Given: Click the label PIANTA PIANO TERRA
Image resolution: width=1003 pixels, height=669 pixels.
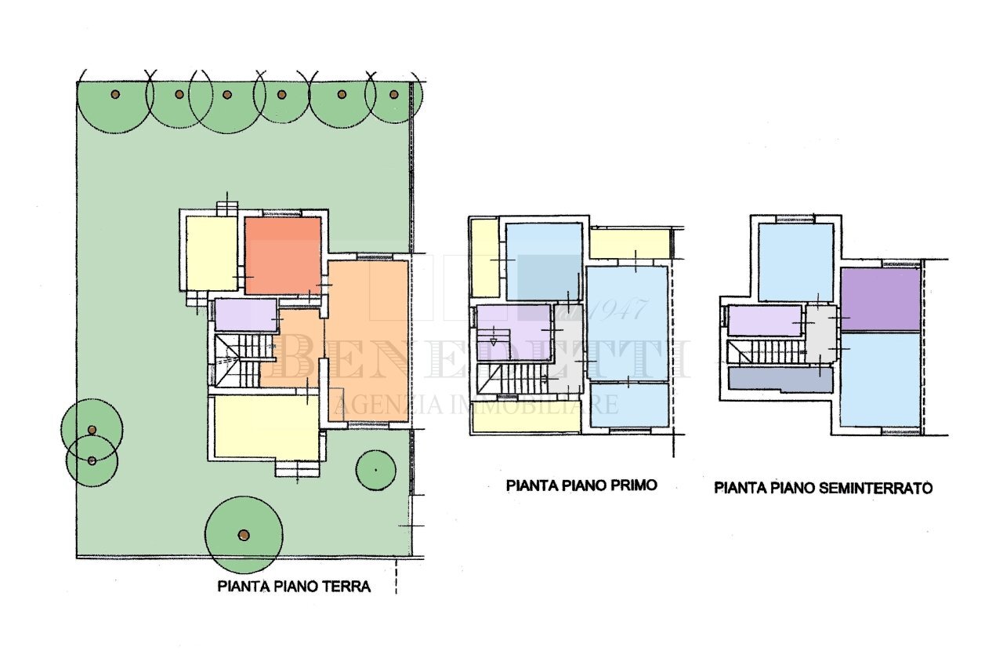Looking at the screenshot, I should coord(294,586).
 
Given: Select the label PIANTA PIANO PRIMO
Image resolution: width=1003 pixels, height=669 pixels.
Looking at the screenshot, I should coord(581,485).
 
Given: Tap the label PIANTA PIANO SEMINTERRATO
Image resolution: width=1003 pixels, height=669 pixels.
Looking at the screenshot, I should coord(823,488).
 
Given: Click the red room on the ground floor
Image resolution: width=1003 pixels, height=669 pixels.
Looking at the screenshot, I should coord(282,255).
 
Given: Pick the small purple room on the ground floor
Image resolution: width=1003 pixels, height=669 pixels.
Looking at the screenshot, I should coord(244,315).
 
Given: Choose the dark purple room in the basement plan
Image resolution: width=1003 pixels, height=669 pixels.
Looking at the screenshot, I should coord(880,300).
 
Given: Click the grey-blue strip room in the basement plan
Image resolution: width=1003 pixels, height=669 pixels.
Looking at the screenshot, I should coord(780,380).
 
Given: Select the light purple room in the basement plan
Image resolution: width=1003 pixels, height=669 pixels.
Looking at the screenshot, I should coord(764,321).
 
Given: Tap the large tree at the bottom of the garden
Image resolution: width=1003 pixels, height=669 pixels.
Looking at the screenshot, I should coord(244,535).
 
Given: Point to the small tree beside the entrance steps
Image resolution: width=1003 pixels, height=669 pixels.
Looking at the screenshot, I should coord(375,469).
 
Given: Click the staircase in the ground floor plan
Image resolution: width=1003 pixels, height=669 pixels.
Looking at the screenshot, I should coord(237,360).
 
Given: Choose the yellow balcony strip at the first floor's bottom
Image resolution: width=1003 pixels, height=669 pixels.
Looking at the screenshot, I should coord(527,422).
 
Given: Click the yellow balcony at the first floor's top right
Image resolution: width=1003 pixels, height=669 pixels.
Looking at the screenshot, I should coord(630,244).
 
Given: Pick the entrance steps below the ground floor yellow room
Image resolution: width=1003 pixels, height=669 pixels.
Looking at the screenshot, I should coord(298,468).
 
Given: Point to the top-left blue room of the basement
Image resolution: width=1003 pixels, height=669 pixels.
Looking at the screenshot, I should coord(795,262).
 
